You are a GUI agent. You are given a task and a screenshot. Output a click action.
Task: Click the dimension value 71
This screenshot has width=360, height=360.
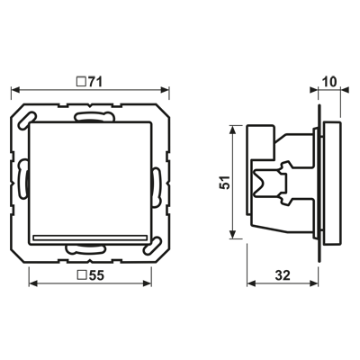[94, 82]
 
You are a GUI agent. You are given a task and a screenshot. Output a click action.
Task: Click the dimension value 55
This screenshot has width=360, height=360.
[95, 275]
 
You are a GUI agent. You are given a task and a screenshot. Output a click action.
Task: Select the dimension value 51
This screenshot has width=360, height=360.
[225, 182]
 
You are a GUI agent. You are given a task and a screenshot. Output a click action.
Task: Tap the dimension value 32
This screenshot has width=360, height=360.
[283, 275]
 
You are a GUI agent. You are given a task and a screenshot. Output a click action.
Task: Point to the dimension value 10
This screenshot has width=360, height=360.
[329, 82]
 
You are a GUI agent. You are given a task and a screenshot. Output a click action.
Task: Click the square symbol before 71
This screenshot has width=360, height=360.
[80, 82]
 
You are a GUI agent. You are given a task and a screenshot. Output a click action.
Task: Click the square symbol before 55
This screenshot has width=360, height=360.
[81, 275]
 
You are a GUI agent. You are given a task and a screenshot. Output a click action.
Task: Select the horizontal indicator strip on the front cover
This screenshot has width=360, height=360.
[90, 238]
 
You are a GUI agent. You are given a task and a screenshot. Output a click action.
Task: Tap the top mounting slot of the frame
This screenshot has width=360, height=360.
[94, 117]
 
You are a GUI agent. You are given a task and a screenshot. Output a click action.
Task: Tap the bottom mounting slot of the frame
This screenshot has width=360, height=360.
[86, 249]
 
